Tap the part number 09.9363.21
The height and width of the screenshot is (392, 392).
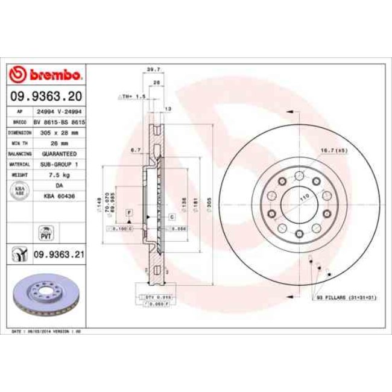click(58, 254)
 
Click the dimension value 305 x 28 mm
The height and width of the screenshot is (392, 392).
click(59, 131)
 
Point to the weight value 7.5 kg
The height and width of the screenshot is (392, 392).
click(59, 175)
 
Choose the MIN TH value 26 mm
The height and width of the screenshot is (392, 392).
click(59, 142)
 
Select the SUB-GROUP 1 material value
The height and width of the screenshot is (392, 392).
click(59, 164)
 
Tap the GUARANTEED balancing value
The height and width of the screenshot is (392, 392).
click(59, 153)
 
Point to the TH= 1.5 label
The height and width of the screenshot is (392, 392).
click(132, 96)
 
